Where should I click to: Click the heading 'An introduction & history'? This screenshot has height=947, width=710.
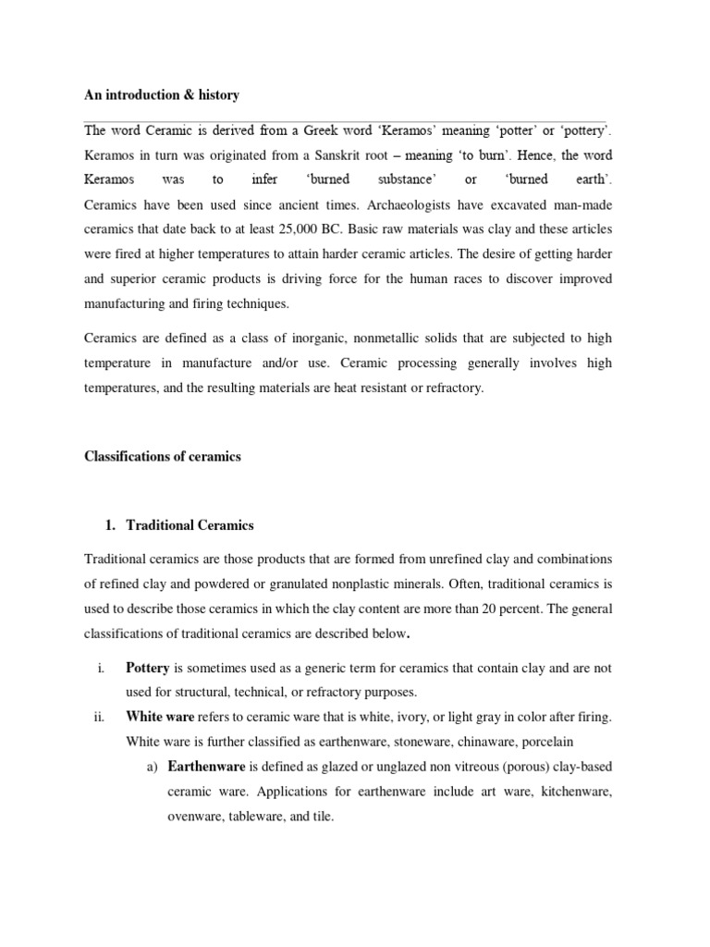point(162,95)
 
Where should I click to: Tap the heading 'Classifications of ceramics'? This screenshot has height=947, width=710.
point(163,456)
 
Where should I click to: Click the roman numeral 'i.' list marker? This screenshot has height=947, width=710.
point(99,668)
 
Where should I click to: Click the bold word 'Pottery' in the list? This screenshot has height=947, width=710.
point(149,668)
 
